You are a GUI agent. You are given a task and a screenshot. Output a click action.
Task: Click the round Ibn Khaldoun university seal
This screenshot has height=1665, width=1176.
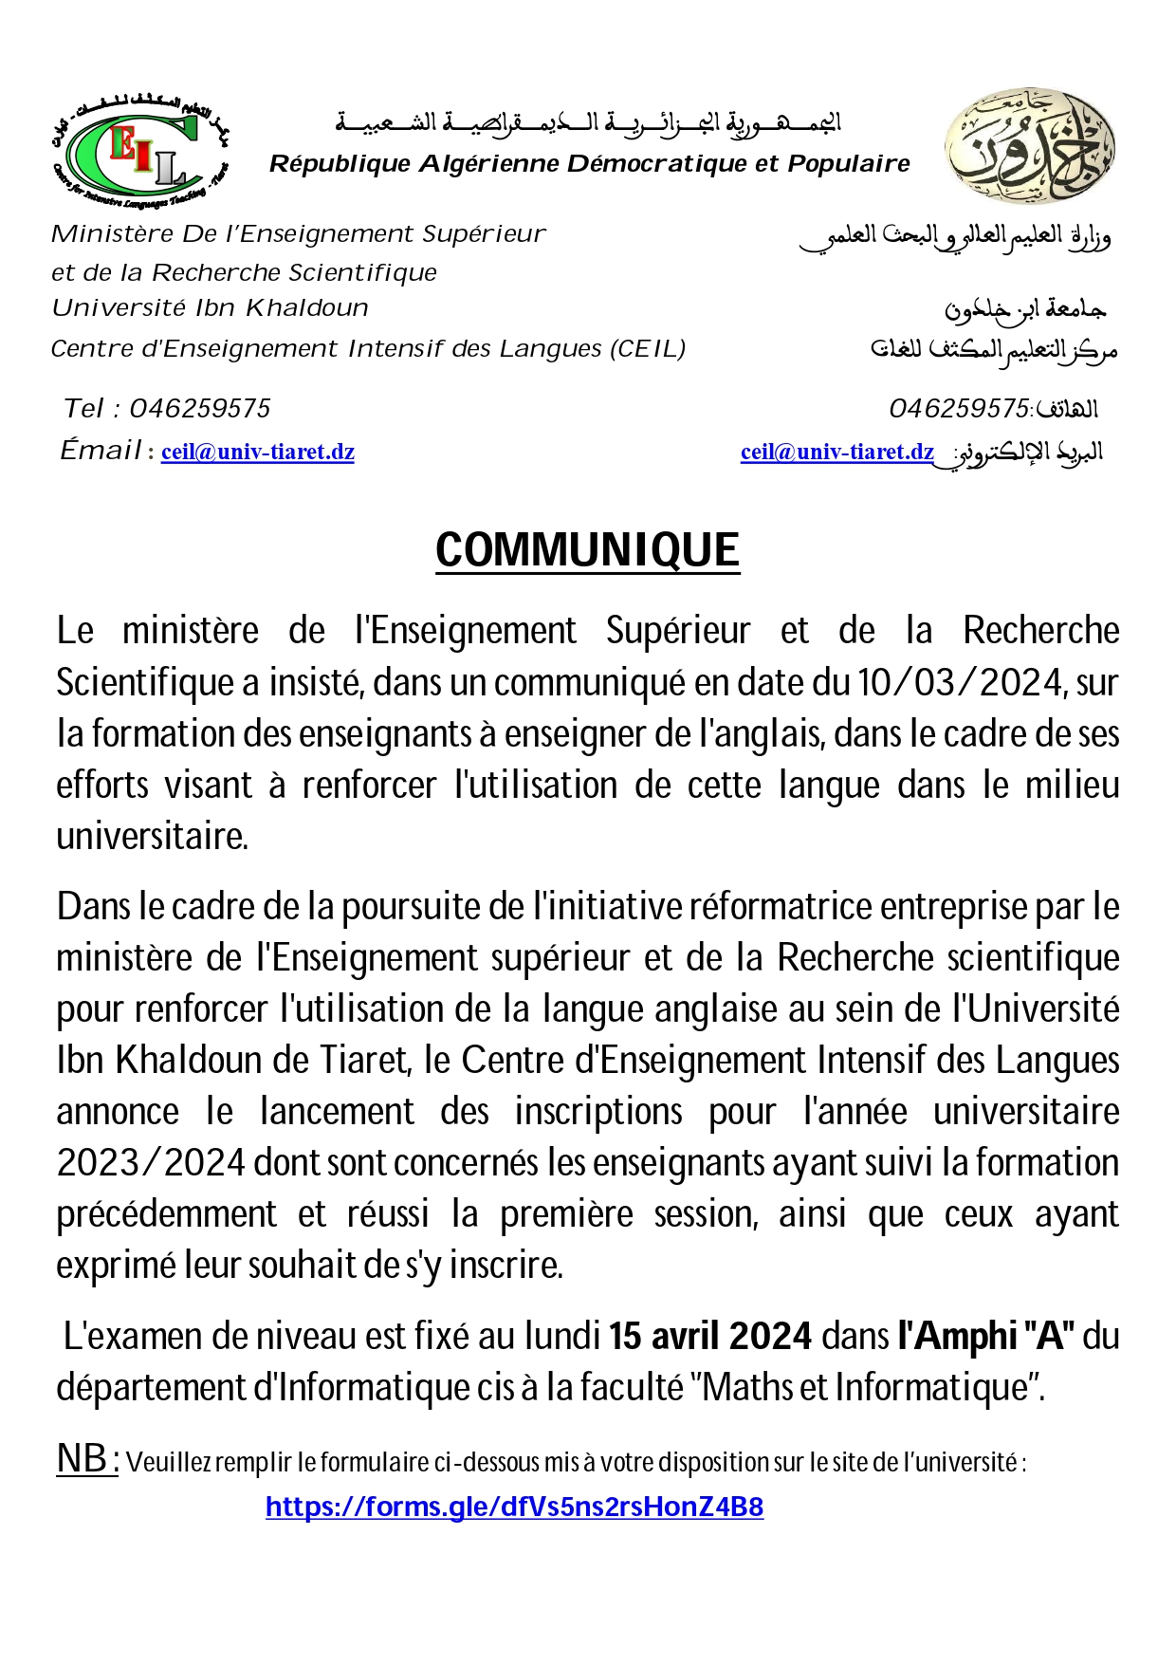[1029, 147]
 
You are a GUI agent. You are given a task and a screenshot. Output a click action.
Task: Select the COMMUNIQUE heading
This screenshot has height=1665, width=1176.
[587, 551]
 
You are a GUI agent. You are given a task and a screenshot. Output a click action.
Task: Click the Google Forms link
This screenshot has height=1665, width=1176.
[514, 1508]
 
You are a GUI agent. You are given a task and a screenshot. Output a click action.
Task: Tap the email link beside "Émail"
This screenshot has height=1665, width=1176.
[258, 453]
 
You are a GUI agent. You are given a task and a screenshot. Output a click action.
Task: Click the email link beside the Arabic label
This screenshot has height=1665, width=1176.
[836, 453]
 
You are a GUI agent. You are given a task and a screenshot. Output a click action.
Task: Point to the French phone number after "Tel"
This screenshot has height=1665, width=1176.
[200, 409]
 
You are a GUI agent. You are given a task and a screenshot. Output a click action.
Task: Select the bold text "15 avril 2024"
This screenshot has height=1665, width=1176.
[710, 1337]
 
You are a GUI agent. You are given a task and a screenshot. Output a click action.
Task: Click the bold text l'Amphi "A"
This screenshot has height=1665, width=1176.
[985, 1337]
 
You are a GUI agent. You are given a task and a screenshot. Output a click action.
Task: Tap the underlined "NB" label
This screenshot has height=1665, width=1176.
[87, 1459]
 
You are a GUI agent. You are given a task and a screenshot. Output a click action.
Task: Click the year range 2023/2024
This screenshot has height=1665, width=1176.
[152, 1163]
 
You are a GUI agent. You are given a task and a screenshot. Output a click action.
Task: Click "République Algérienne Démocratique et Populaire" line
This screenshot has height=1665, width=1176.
[589, 164]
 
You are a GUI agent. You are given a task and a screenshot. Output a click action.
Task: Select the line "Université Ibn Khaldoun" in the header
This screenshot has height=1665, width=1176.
[210, 308]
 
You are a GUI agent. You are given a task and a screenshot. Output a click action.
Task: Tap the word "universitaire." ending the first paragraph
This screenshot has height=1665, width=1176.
[152, 837]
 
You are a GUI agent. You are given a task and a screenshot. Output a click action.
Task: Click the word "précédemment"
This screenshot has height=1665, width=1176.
[167, 1214]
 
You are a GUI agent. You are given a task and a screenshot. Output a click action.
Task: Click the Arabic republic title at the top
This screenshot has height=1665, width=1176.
[589, 123]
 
